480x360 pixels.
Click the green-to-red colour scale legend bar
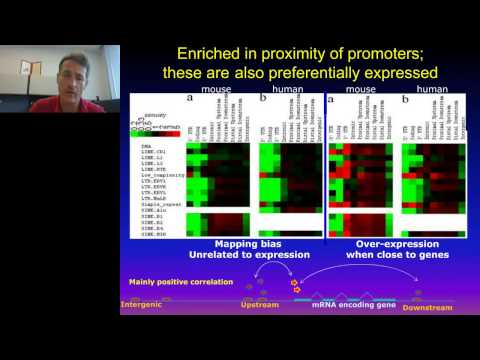pos(152,133)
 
